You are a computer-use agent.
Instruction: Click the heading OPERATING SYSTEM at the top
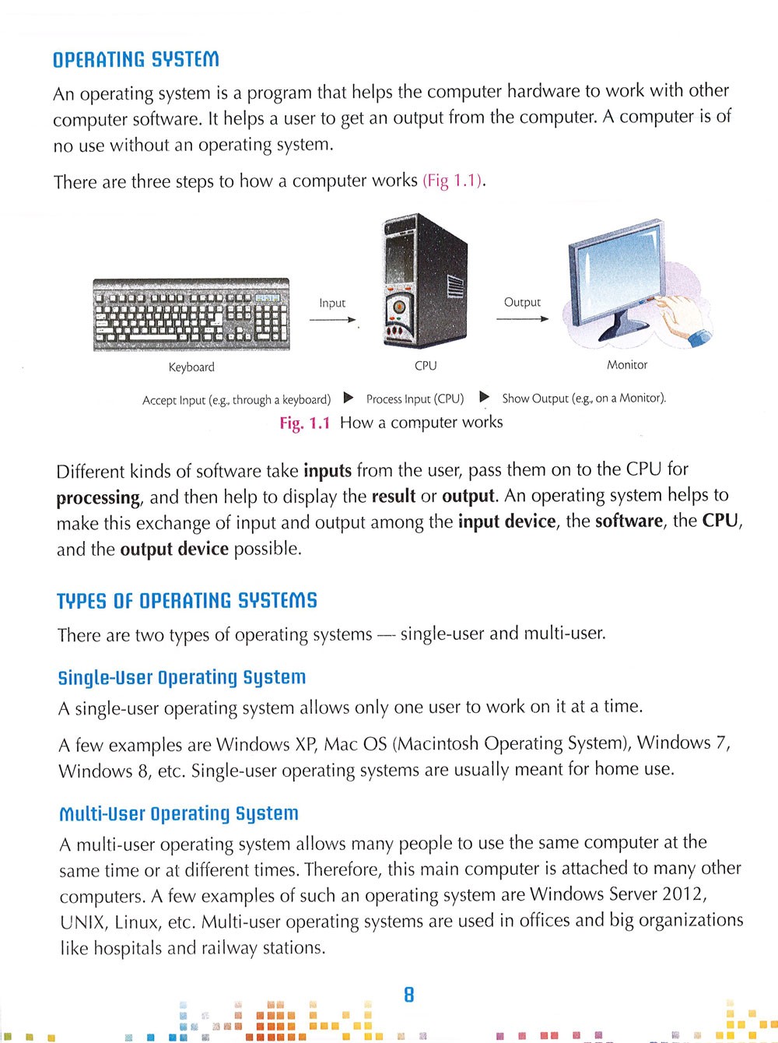pyautogui.click(x=136, y=60)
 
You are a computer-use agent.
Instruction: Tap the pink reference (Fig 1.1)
pyautogui.click(x=454, y=181)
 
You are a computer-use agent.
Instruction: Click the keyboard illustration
pyautogui.click(x=191, y=314)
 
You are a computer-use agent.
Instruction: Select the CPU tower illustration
pyautogui.click(x=425, y=281)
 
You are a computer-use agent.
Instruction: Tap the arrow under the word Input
pyautogui.click(x=332, y=319)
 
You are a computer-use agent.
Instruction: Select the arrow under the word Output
pyautogui.click(x=522, y=318)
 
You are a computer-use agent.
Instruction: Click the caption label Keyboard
pyautogui.click(x=191, y=367)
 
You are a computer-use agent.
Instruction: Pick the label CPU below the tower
pyautogui.click(x=426, y=366)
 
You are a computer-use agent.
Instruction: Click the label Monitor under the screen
pyautogui.click(x=627, y=365)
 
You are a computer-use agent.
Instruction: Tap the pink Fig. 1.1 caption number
pyautogui.click(x=305, y=423)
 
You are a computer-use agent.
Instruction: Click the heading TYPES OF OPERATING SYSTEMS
pyautogui.click(x=187, y=601)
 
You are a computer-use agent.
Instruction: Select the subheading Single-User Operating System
pyautogui.click(x=182, y=677)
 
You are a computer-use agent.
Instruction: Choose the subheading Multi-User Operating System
pyautogui.click(x=179, y=814)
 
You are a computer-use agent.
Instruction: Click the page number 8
pyautogui.click(x=408, y=995)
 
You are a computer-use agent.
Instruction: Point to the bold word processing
pyautogui.click(x=98, y=498)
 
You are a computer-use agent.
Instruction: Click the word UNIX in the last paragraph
pyautogui.click(x=83, y=923)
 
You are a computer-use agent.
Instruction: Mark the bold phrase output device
pyautogui.click(x=174, y=550)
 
